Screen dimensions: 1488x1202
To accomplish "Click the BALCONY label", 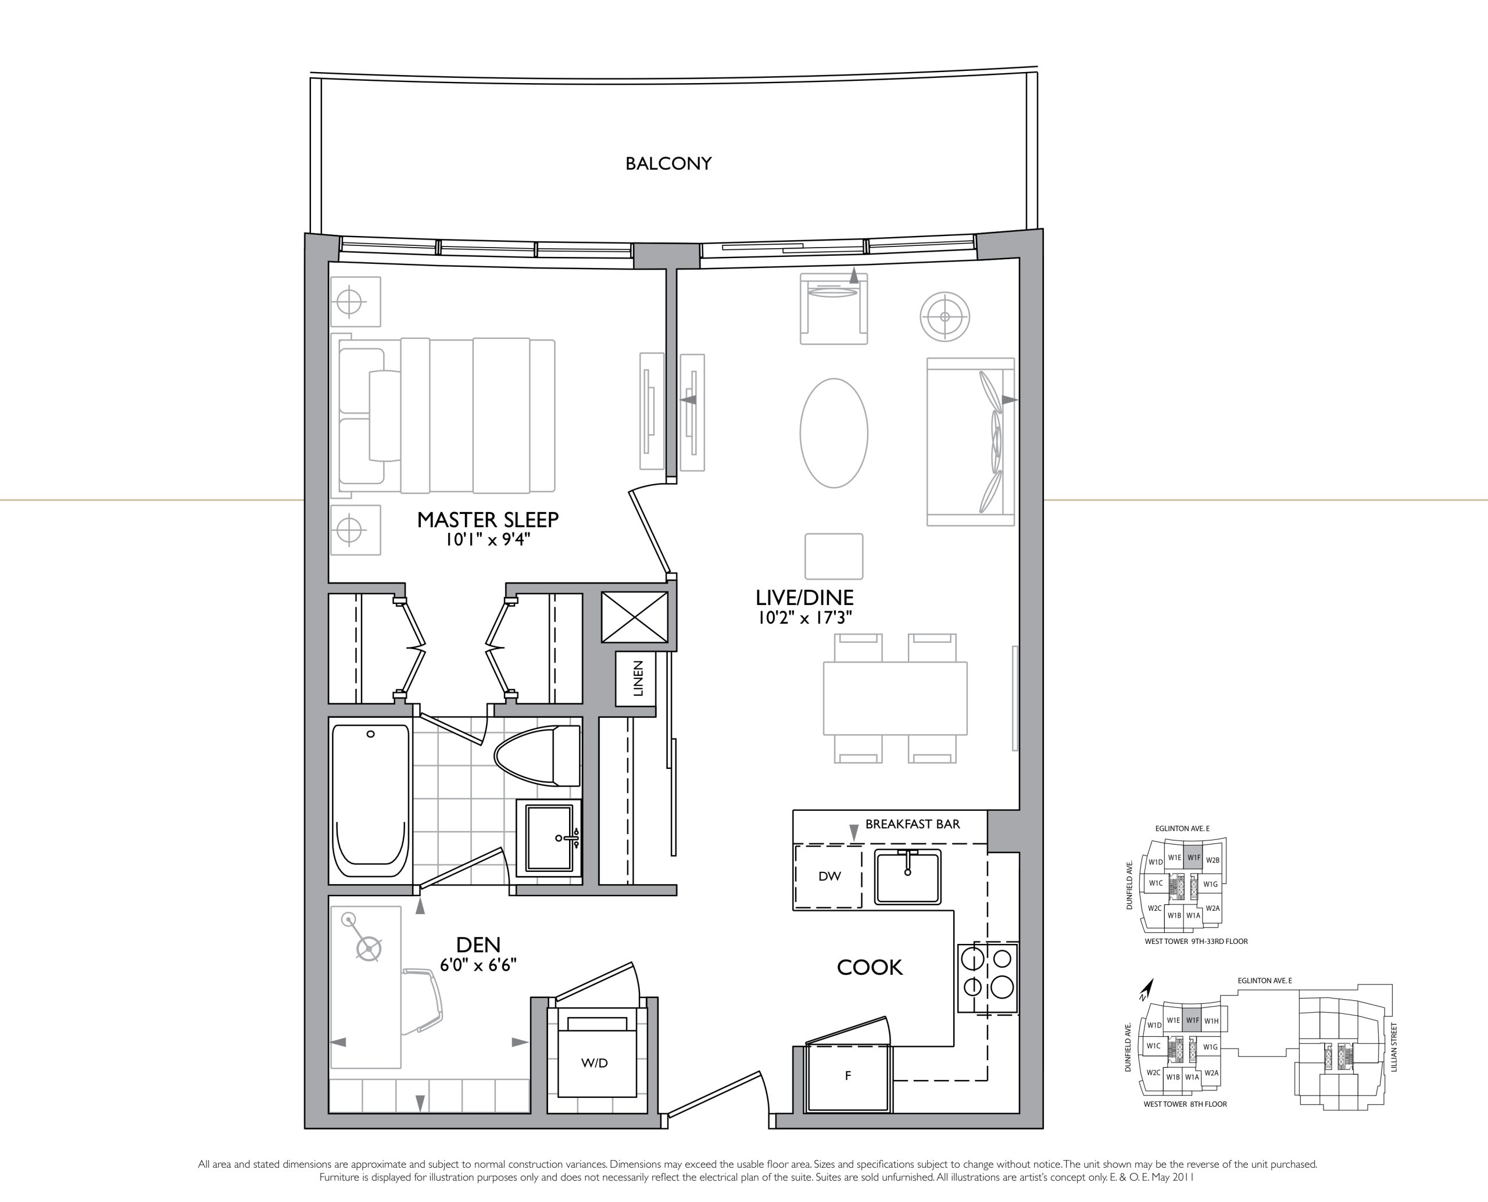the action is tap(668, 163).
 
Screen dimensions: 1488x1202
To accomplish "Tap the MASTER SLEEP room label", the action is tap(488, 519).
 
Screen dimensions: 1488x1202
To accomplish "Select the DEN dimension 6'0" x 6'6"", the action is tap(478, 964).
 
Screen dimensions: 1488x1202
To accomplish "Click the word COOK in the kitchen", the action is tap(870, 967).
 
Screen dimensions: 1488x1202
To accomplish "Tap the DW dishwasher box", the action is tap(828, 876).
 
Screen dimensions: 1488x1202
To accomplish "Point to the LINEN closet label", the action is tap(638, 678).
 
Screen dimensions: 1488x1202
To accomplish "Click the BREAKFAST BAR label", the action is tap(913, 824).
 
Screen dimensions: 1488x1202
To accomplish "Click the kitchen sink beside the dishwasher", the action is tap(908, 877).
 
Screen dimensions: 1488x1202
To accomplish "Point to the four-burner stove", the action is tap(988, 978).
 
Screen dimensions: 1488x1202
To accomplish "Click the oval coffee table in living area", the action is tap(834, 433).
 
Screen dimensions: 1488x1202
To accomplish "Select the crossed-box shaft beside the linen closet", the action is tap(634, 616).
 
